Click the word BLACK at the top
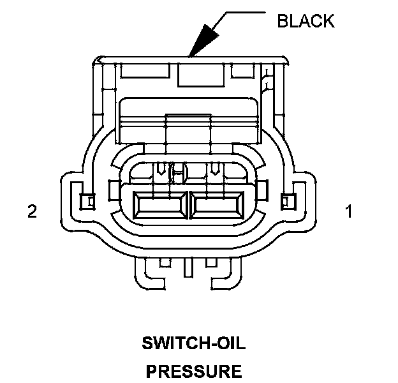[x=305, y=21]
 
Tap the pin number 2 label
[x=32, y=211]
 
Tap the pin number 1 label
[x=348, y=211]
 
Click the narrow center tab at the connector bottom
[x=189, y=265]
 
